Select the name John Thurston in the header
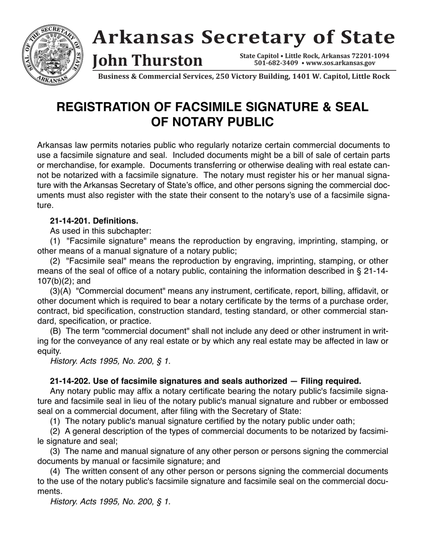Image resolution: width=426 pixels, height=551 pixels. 147,60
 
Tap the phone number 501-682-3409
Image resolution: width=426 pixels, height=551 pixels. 276,63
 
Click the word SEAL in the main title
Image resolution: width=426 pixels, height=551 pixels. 350,107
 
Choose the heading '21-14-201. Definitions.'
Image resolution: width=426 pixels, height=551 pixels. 94,221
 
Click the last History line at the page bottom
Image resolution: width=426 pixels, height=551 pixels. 110,502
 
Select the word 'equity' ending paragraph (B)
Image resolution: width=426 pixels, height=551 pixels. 48,351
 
